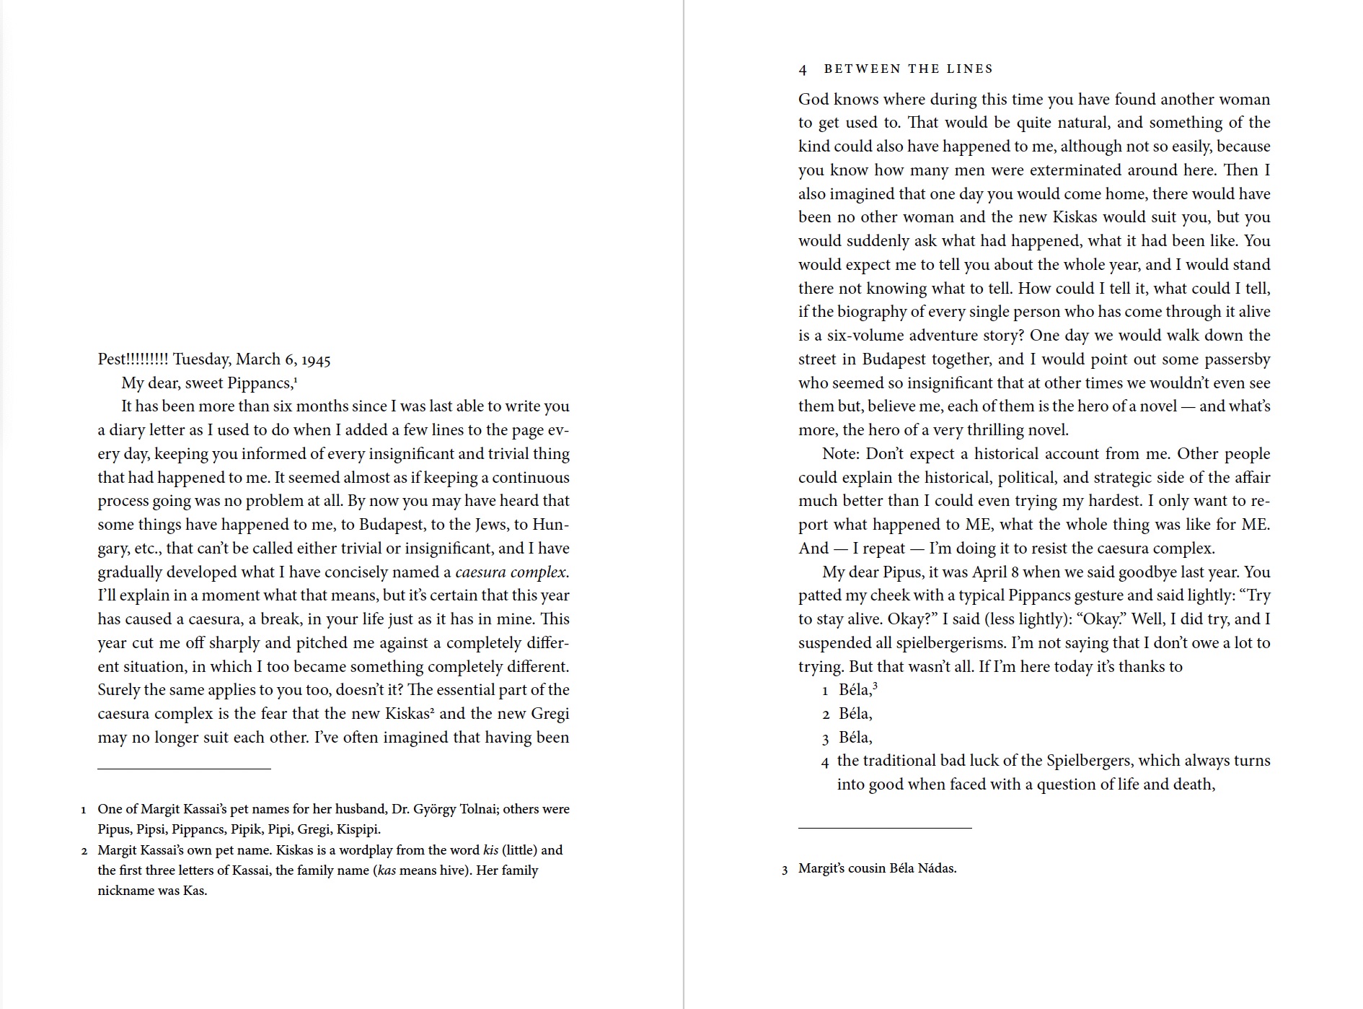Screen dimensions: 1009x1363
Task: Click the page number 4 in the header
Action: click(803, 69)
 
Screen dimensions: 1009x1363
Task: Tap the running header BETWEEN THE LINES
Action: click(909, 69)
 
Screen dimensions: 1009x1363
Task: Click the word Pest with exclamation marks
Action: click(133, 359)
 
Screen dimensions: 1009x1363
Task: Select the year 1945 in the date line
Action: click(316, 359)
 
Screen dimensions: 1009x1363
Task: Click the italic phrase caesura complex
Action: click(511, 572)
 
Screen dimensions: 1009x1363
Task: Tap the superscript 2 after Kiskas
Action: click(433, 710)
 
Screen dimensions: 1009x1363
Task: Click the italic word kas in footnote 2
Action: click(387, 870)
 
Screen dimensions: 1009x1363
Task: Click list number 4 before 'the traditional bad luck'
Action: click(825, 762)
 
